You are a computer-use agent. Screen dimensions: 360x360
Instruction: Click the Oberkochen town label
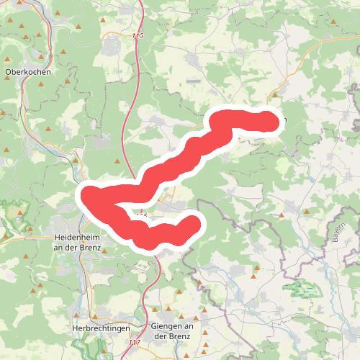click(x=27, y=72)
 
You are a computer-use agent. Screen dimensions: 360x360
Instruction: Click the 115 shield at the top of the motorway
click(x=138, y=34)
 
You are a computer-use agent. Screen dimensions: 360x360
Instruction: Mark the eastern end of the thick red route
click(x=269, y=122)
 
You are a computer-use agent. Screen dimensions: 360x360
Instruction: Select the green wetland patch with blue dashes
click(x=304, y=289)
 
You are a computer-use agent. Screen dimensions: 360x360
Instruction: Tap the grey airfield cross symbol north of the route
click(x=107, y=135)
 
